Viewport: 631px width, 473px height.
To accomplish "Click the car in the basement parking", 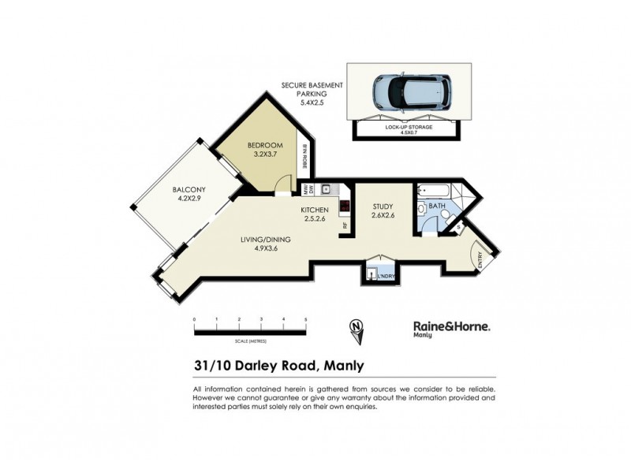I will (x=411, y=93).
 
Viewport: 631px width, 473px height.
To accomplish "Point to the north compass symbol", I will (x=360, y=330).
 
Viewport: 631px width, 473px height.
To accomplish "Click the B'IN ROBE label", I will (x=304, y=157).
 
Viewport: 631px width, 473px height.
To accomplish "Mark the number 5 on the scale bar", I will (x=305, y=319).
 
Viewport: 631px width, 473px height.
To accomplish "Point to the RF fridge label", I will (x=345, y=225).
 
